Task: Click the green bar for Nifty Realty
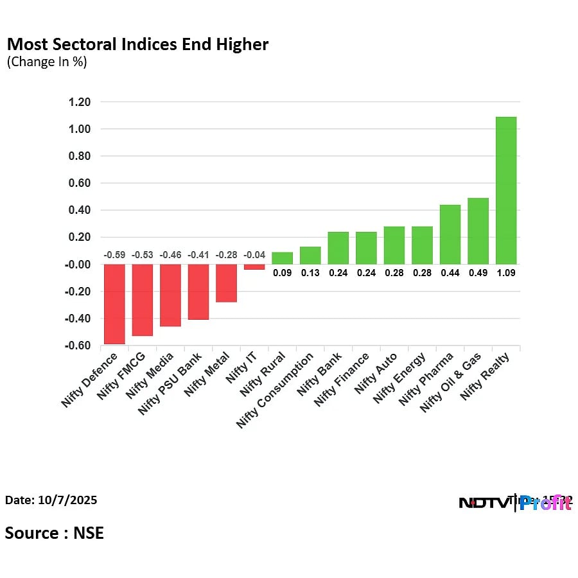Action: tap(506, 190)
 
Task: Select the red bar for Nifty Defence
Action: tap(114, 304)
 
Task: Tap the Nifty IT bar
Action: tap(254, 267)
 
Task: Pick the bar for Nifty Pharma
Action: tap(450, 234)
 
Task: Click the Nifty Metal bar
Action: tap(226, 283)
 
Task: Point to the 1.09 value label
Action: tap(506, 272)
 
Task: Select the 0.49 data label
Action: tap(478, 272)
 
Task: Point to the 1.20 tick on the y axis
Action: tap(80, 102)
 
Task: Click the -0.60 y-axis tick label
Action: tap(78, 346)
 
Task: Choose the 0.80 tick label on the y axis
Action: tap(80, 156)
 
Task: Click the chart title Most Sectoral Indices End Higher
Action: tap(137, 44)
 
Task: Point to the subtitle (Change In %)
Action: tap(46, 62)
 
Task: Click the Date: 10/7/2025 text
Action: tap(51, 500)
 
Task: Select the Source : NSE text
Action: tap(55, 532)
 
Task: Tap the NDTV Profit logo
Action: tap(515, 503)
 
